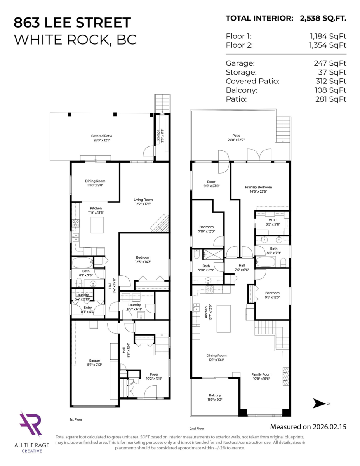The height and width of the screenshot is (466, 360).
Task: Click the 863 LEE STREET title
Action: point(72,23)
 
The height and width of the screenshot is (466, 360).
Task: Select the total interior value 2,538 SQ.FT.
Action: point(323,18)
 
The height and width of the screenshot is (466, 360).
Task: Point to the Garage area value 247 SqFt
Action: point(330,63)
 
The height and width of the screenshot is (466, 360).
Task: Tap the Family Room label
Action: point(261,374)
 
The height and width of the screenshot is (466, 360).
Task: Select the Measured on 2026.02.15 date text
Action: point(308,427)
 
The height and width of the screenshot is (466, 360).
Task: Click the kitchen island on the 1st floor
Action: point(97,225)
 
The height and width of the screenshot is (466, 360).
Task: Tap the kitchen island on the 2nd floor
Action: point(223,318)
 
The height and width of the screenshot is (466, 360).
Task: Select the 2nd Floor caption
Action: point(197,429)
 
